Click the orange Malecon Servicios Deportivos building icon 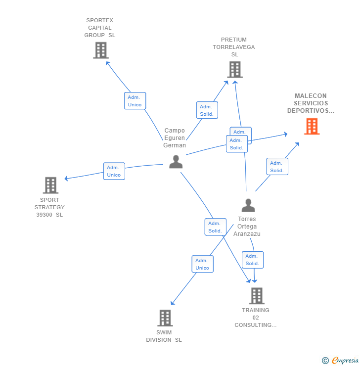[312, 127]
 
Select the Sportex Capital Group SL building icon [100, 50]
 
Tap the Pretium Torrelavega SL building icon [235, 70]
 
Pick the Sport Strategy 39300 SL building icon [50, 185]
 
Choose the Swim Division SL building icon [165, 318]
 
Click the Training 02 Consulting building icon [256, 296]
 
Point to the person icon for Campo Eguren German [176, 162]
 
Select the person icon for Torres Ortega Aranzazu [248, 205]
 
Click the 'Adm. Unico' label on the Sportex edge [135, 101]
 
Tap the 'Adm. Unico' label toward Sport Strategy [114, 171]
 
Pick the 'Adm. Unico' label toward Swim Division [202, 264]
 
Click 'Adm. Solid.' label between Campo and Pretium [206, 110]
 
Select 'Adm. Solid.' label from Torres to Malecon [277, 167]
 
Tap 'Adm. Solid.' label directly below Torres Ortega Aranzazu [252, 260]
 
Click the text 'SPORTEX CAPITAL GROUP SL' [100, 28]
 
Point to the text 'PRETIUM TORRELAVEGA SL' [234, 47]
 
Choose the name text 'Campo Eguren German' [175, 138]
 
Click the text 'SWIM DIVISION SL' [164, 336]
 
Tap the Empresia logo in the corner [345, 361]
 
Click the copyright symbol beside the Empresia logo [325, 361]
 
